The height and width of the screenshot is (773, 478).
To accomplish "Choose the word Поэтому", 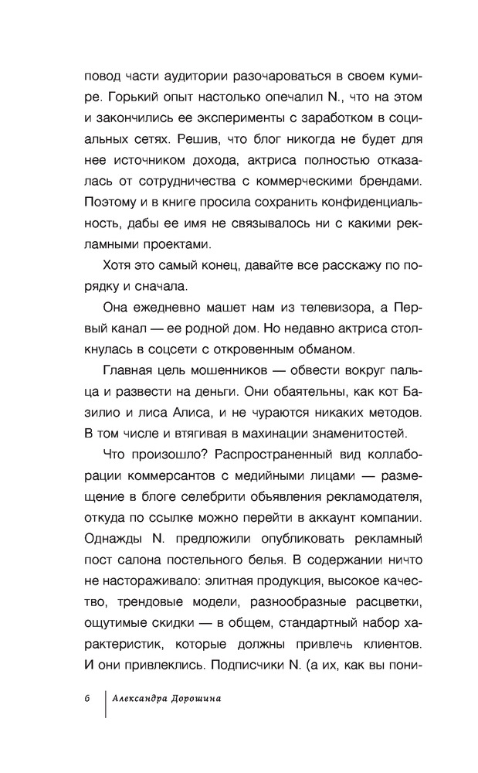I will [x=110, y=203].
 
